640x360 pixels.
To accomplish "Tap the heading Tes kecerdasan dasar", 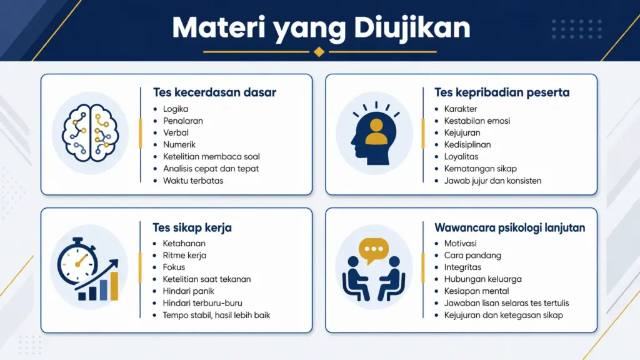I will [214, 92].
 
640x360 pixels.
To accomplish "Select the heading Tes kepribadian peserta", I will [502, 92].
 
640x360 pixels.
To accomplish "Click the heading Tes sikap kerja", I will [192, 227].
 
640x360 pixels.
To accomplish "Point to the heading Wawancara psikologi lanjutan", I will [510, 227].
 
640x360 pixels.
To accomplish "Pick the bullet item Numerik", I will [179, 145].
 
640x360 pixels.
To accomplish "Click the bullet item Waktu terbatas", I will [193, 181].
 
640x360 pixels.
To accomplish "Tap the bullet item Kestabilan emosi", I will [477, 121].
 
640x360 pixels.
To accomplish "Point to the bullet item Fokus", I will [174, 267].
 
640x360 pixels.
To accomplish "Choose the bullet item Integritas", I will [462, 267].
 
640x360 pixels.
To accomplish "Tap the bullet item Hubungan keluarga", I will [482, 279].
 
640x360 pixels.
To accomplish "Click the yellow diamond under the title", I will [319, 52].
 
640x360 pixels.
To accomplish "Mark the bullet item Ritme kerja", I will [184, 256].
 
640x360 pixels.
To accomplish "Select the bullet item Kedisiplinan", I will [467, 145].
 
